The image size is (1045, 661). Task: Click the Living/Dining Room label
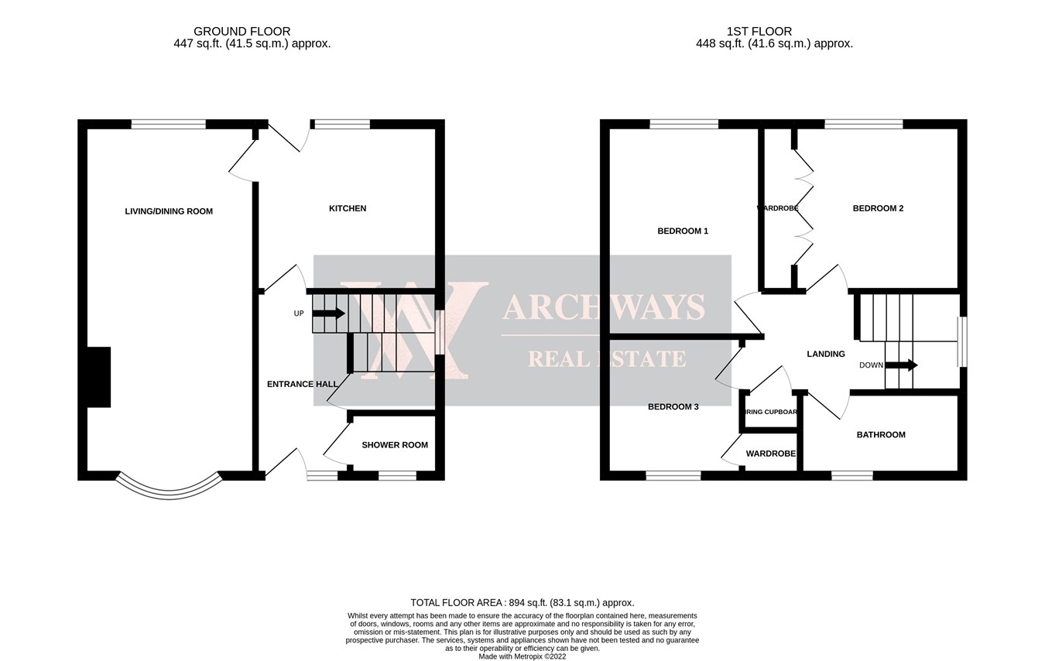169,211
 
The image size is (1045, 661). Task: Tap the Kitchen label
348,208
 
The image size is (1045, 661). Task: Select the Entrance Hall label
302,384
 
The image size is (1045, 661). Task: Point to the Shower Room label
395,445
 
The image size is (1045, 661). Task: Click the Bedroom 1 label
683,231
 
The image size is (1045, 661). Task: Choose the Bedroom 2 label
878,208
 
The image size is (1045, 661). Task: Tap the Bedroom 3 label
673,407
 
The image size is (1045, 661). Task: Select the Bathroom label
881,435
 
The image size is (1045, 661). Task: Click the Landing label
826,354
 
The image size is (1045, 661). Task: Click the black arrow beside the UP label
328,313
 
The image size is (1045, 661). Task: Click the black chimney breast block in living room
99,377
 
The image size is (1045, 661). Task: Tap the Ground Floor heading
242,32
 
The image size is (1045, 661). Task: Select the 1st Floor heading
759,32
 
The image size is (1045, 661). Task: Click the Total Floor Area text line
522,603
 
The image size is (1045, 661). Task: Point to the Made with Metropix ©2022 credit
522,656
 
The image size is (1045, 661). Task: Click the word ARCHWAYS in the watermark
603,307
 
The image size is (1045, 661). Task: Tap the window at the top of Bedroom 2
864,124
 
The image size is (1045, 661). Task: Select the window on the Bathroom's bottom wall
852,476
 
